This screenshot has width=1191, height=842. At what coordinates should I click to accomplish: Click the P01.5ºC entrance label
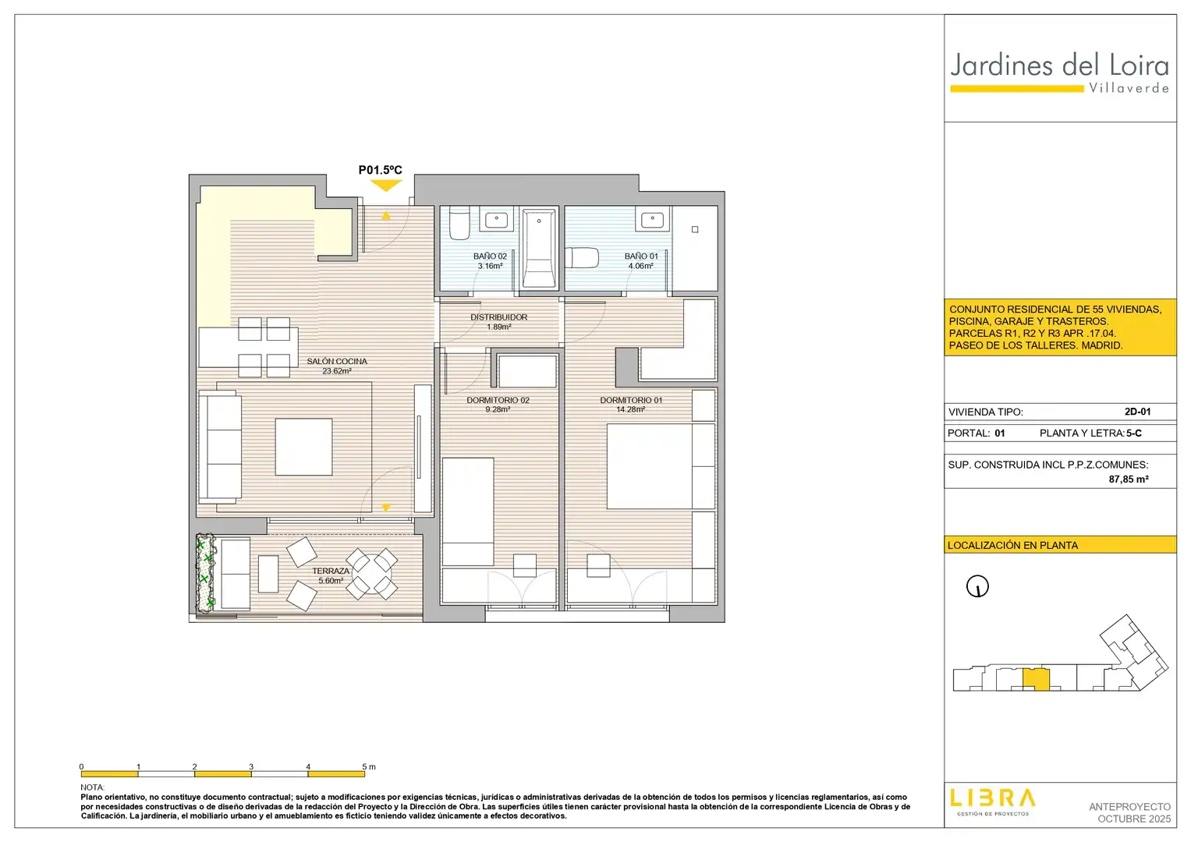pos(380,170)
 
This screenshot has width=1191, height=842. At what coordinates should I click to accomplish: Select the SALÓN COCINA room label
pos(337,362)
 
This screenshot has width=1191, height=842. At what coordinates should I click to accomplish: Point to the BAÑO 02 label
pos(490,256)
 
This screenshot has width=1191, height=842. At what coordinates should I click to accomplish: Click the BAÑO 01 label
pos(640,256)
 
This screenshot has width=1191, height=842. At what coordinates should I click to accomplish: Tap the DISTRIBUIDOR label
pos(498,317)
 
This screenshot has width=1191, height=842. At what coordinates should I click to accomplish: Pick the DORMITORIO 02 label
pos(498,400)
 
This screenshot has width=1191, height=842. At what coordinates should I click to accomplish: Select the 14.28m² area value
pos(630,410)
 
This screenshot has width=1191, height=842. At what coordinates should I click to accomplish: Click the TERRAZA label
pos(331,571)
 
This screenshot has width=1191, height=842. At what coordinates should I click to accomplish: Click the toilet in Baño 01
pos(582,258)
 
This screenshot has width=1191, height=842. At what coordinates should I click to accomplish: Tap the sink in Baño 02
pos(497,220)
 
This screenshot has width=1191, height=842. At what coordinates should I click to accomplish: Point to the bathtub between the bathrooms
pos(539,248)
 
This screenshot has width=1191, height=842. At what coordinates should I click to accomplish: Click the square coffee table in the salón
pos(303,447)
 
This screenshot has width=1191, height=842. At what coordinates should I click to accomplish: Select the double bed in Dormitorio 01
pos(661,465)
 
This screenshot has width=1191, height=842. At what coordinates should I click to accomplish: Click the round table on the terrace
pos(372,574)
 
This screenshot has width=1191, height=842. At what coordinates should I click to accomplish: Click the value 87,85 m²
pos(1129,479)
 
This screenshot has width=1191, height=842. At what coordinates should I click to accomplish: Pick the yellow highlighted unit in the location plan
pos(1036,680)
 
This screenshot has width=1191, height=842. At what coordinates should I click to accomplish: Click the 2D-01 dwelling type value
pos(1137,412)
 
